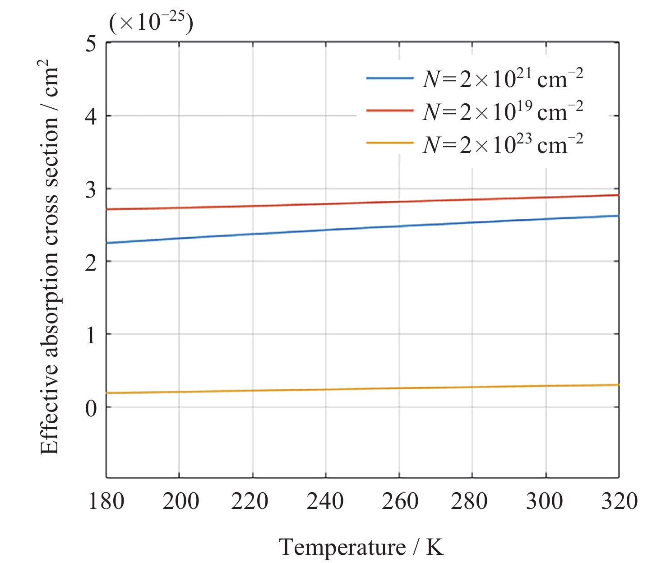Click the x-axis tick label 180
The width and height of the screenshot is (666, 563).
tap(106, 502)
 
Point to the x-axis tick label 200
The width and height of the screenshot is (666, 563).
tap(180, 502)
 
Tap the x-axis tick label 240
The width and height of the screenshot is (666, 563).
tap(325, 502)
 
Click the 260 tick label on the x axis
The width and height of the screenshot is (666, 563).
tap(400, 502)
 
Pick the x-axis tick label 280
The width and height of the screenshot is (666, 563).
tap(469, 502)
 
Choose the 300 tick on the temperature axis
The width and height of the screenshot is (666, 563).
tap(544, 502)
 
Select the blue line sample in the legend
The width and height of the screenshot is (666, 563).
tap(389, 78)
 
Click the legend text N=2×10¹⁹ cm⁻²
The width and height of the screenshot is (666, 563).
tap(502, 111)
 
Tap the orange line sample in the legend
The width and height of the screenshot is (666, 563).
tap(389, 143)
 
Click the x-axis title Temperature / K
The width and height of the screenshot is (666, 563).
tap(361, 547)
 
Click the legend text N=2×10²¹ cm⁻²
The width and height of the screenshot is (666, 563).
tap(502, 78)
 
